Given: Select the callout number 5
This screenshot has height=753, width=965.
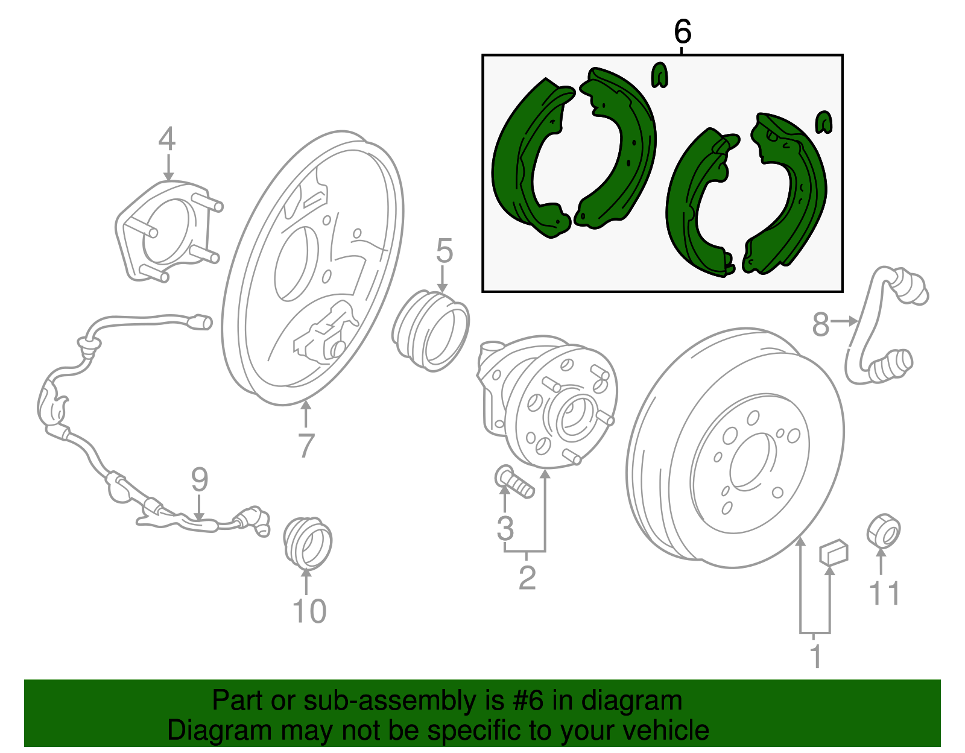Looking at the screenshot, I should click(444, 251).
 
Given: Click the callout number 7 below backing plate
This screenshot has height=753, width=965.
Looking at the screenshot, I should click(306, 446).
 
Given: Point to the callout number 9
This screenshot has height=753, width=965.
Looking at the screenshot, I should click(200, 480).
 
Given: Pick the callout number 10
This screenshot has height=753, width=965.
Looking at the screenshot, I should click(309, 611).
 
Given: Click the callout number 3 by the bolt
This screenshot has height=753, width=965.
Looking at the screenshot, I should click(505, 528).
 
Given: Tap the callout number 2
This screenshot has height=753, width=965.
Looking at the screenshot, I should click(527, 578).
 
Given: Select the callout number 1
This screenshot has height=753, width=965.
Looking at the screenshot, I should click(815, 657).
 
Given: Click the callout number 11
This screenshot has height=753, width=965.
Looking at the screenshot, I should click(884, 593).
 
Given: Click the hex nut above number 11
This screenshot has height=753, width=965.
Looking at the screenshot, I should click(883, 531).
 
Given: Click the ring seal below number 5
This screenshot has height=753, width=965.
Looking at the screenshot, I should click(431, 330).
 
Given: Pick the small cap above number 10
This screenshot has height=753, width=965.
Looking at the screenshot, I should click(308, 543).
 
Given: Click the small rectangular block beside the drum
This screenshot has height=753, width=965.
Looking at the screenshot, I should click(833, 552).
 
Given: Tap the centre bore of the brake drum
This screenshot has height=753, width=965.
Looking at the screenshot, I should click(751, 462).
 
